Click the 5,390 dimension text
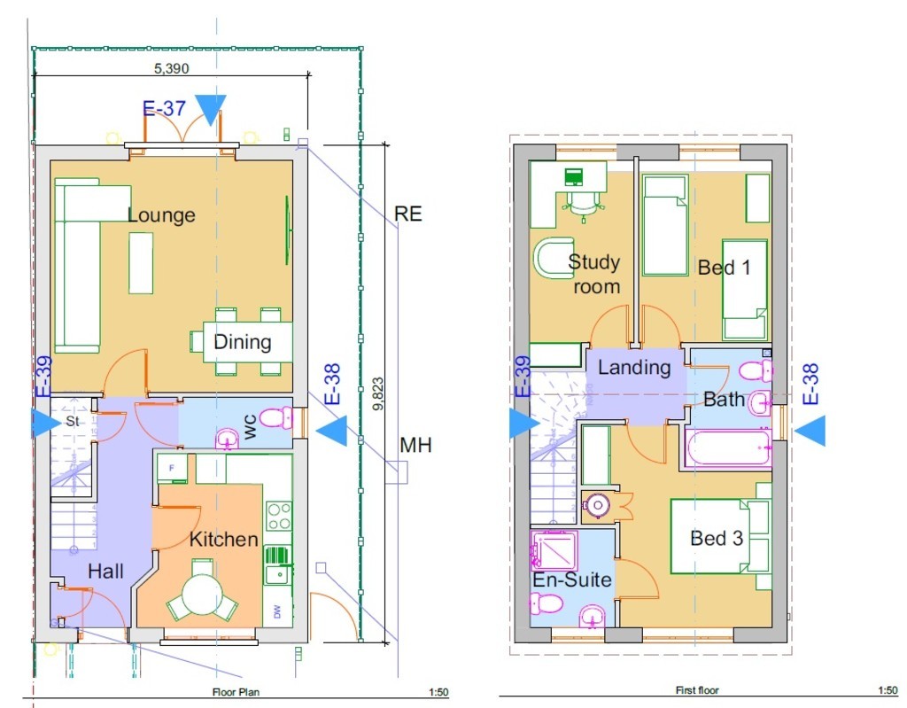(x=171, y=68)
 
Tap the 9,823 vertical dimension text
(x=377, y=394)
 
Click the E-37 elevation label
(x=164, y=108)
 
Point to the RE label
(x=407, y=214)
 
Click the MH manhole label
(x=415, y=445)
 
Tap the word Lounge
(x=161, y=215)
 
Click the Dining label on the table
(x=243, y=341)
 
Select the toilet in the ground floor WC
(x=277, y=418)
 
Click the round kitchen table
(x=201, y=594)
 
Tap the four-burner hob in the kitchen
(x=279, y=517)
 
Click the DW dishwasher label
(x=277, y=611)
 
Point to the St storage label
(x=73, y=421)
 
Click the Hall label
(x=105, y=572)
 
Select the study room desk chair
(x=583, y=203)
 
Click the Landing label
(x=634, y=367)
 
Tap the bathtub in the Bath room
(x=728, y=447)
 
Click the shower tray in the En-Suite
(x=554, y=550)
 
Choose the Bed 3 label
(x=717, y=539)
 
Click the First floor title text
(x=697, y=690)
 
